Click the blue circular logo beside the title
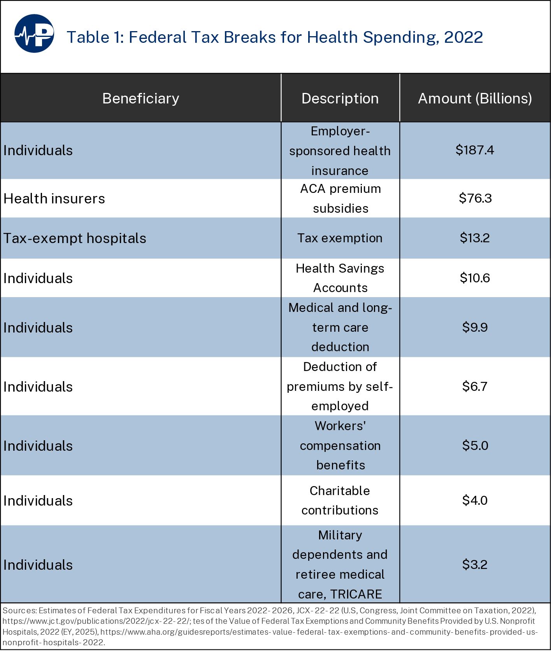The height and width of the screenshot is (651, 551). [x=34, y=33]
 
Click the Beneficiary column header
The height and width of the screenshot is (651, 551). [x=140, y=98]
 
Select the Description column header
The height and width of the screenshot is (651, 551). [x=340, y=98]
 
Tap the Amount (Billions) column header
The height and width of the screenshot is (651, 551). [x=475, y=98]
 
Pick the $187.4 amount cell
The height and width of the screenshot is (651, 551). [x=475, y=150]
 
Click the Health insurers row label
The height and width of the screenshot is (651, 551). [x=54, y=199]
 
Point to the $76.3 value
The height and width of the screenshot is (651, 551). [x=475, y=198]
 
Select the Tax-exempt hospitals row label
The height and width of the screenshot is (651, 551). [x=75, y=238]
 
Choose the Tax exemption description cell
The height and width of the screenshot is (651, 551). [x=340, y=238]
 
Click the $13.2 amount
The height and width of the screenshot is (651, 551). [x=475, y=238]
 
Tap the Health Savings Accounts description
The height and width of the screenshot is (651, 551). [x=340, y=278]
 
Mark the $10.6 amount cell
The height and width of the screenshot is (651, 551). [x=475, y=278]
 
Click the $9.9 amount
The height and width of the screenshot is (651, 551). [x=475, y=327]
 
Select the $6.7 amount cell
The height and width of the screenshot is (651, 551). [x=475, y=386]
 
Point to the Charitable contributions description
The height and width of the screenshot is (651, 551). [x=340, y=500]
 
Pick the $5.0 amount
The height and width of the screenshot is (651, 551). [x=475, y=445]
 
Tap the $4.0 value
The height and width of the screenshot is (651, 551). [x=475, y=500]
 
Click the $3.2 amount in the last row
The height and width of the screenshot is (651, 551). [x=475, y=564]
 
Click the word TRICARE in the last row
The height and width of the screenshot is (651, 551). [x=356, y=594]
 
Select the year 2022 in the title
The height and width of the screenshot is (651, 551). [x=463, y=37]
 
